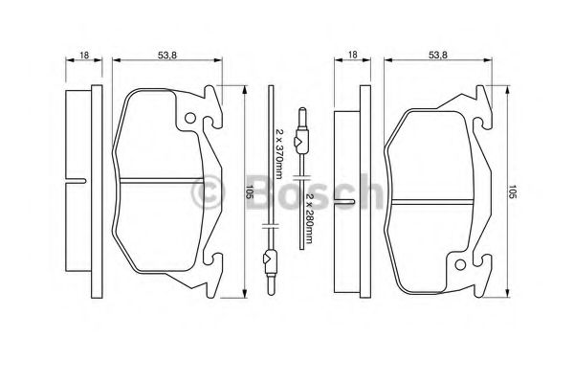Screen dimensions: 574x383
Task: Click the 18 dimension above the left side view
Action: pos(84,55)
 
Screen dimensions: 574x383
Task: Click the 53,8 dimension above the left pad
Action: pos(166,55)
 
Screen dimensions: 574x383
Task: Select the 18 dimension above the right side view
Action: pos(352,55)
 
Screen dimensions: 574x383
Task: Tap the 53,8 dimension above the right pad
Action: pos(438,55)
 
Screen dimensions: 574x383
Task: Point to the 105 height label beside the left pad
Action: pos(250,192)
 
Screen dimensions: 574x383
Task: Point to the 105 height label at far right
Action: pos(512,192)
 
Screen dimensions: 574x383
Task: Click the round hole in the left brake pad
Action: pos(189,118)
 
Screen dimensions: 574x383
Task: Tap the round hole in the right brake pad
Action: pos(460,264)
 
